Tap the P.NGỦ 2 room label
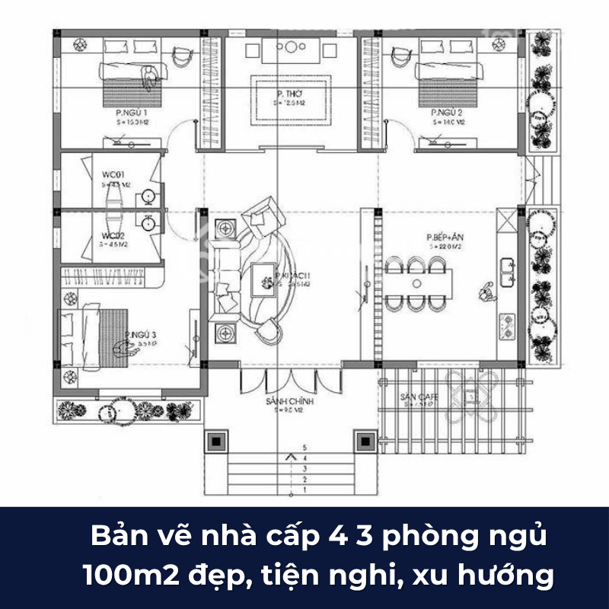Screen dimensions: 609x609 445,112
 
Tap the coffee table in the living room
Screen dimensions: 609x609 266,280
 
